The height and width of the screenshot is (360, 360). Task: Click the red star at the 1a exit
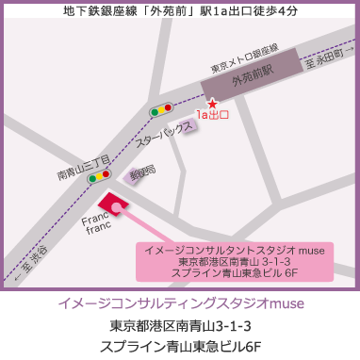(212, 102)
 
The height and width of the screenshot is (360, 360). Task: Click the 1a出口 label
(213, 115)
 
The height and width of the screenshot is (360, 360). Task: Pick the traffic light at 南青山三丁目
(99, 174)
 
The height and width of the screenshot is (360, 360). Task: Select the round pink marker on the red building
(116, 206)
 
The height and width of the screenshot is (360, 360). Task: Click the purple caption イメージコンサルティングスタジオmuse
(180, 305)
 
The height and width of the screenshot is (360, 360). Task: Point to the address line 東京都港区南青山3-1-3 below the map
(180, 326)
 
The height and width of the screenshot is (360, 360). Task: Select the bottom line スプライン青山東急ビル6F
(180, 346)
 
